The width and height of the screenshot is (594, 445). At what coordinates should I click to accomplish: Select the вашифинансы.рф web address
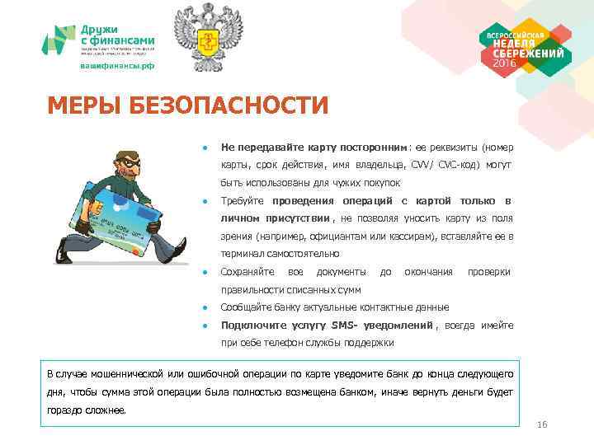point(116,66)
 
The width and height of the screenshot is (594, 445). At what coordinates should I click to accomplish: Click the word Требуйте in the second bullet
point(242,200)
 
